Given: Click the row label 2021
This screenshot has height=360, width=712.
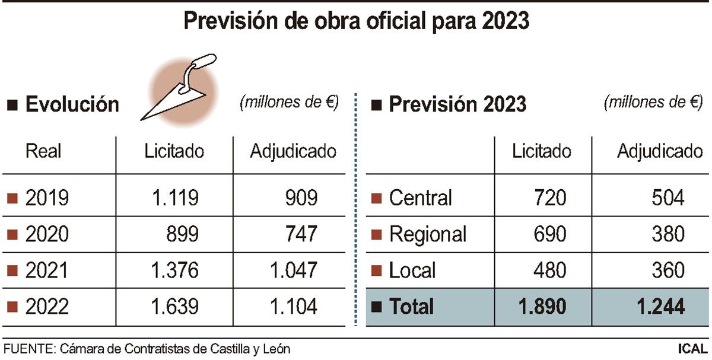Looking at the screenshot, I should pyautogui.click(x=47, y=270).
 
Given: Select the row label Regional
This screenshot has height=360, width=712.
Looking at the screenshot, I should pyautogui.click(x=428, y=234).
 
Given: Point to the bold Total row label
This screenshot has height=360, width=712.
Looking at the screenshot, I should pyautogui.click(x=411, y=307).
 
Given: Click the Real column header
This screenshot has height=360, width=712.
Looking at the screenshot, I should pyautogui.click(x=43, y=151).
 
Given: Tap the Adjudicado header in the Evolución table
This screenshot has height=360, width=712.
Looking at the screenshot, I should pyautogui.click(x=293, y=151).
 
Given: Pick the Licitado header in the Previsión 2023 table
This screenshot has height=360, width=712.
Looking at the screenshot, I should pyautogui.click(x=542, y=151).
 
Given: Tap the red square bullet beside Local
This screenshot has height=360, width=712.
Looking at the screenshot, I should pyautogui.click(x=375, y=270).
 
